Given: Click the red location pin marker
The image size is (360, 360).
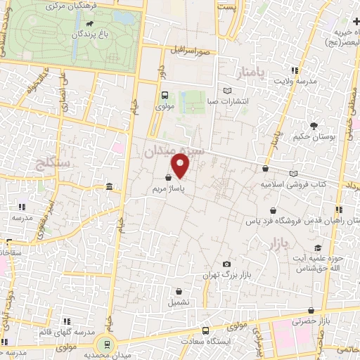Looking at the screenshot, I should tap(181, 167).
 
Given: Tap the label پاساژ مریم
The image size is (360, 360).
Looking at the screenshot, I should tap(169, 188).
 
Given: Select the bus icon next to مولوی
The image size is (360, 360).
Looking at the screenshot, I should tap(164, 96).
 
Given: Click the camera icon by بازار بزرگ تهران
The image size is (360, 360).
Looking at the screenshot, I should tap(226, 264).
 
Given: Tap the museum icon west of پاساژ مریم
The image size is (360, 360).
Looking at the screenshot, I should tap(109, 186).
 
